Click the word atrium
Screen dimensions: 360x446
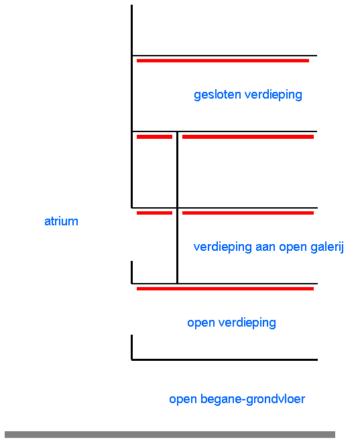pos(61,221)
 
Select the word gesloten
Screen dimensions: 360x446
pos(217,95)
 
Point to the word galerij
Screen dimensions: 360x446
pos(327,247)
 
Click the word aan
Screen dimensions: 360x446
pos(265,247)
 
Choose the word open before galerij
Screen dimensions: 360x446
pos(293,247)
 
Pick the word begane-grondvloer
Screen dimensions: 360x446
pos(253,399)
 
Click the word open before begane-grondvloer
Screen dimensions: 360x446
pos(183,400)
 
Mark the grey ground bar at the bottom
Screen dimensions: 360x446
pos(170,435)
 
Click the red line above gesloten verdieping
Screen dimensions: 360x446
pos(223,60)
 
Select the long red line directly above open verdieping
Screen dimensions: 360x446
pos(225,288)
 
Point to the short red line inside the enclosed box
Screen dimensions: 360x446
pos(154,137)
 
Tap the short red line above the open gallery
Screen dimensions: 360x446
pos(154,213)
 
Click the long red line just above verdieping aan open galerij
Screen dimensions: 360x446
pos(247,213)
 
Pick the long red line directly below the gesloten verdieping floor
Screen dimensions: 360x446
pos(247,137)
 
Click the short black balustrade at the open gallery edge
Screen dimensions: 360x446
pos(131,272)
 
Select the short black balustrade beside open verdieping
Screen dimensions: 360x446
pos(131,347)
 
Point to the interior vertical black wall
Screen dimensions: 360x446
pos(177,208)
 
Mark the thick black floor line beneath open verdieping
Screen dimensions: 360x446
pos(225,359)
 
